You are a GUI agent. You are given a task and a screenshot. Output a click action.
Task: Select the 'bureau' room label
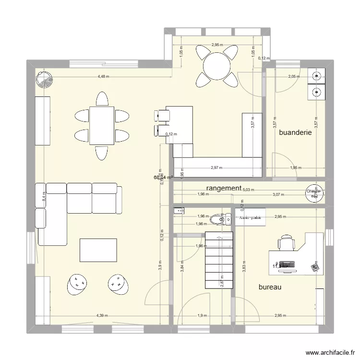coord(269,288)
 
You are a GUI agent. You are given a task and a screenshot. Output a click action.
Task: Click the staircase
coord(219,260)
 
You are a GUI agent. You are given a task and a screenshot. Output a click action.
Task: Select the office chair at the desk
coord(287,242)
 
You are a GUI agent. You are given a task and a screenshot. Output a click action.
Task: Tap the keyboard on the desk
coord(287,264)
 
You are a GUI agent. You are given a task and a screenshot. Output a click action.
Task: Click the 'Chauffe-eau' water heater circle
coord(315,192)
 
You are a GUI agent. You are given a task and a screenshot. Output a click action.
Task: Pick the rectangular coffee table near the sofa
coord(98,250)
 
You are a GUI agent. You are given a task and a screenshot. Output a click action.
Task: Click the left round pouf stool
coord(77,284)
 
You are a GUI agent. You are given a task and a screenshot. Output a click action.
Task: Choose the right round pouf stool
coord(117,284)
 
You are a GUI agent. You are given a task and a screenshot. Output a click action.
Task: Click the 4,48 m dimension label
coord(104,76)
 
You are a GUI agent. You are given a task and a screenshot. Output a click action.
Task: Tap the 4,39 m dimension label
coord(102,315)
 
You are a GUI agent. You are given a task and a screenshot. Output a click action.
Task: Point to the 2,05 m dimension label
coord(293,76)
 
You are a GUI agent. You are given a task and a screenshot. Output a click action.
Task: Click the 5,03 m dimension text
coord(249,190)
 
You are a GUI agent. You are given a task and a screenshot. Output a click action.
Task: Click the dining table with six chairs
coord(102,125)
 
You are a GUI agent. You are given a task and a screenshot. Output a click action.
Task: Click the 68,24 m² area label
coord(163,177)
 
